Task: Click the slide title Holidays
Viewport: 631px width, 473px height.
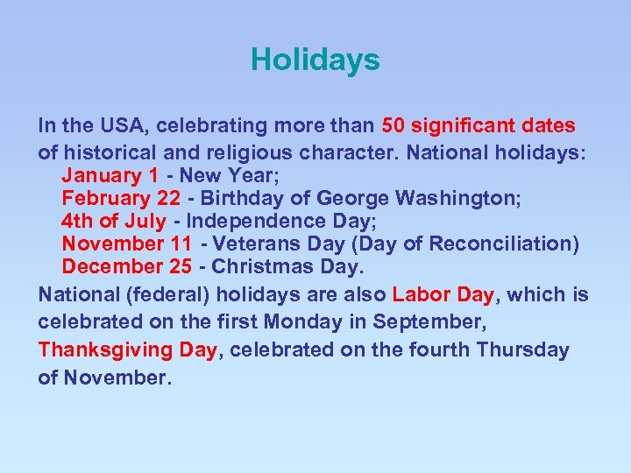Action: tap(315, 60)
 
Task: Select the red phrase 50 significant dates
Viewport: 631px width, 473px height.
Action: tap(479, 125)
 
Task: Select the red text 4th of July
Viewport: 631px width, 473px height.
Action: tap(113, 221)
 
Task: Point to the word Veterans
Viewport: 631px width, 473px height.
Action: tap(253, 244)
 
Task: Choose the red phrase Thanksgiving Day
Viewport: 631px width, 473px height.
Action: tap(127, 349)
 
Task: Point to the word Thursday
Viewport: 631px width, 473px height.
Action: tap(522, 349)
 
